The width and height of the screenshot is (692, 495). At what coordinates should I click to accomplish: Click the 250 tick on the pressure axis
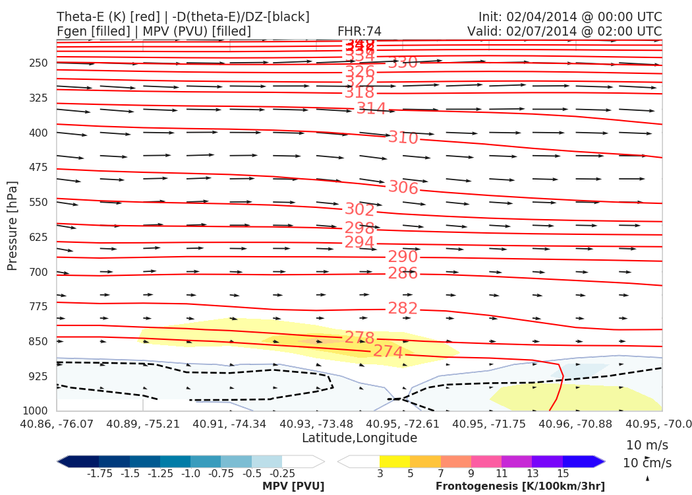click(39, 63)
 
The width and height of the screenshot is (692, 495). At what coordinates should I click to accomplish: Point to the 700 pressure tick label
click(39, 272)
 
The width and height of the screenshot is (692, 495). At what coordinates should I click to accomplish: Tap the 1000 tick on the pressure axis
click(36, 411)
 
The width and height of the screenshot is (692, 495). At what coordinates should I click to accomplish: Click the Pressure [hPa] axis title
click(13, 225)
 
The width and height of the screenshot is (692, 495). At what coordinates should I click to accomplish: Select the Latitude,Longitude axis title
click(359, 438)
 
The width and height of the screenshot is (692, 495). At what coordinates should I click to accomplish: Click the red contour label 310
click(403, 138)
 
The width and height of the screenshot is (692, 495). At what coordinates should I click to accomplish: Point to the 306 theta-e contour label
click(403, 187)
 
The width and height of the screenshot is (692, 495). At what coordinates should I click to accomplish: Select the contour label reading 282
click(403, 308)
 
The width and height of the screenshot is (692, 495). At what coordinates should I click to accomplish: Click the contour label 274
click(388, 352)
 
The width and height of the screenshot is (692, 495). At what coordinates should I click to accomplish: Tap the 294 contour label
click(360, 242)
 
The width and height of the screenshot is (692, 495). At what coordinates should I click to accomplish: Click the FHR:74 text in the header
click(359, 31)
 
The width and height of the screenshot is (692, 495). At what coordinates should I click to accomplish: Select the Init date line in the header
click(570, 17)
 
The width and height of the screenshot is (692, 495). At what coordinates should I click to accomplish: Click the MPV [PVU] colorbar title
click(293, 486)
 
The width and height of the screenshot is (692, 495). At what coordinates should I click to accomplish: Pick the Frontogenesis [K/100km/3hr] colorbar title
click(520, 486)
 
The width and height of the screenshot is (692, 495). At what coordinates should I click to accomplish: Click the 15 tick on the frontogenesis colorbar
click(563, 474)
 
